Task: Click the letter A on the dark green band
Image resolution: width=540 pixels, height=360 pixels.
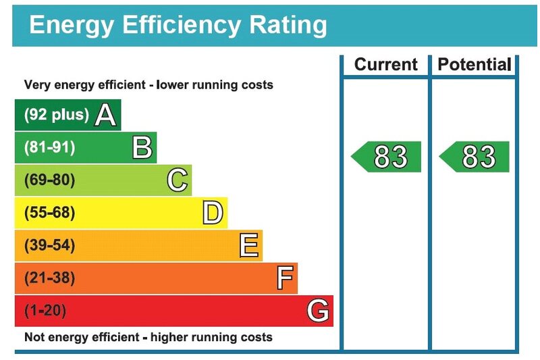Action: (x=105, y=115)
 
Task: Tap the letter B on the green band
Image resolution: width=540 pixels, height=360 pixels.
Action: (x=142, y=147)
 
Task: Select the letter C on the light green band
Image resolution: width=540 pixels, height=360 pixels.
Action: (x=177, y=180)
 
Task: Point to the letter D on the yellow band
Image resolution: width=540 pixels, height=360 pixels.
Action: (x=212, y=213)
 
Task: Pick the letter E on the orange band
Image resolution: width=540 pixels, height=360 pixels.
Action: (x=248, y=246)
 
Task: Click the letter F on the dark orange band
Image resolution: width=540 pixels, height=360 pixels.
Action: (x=286, y=278)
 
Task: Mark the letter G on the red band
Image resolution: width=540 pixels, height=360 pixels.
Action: (x=318, y=311)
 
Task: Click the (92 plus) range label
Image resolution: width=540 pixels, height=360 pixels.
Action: (x=56, y=115)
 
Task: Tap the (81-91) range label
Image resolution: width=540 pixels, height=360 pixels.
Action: (x=49, y=147)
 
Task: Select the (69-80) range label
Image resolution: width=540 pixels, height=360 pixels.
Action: (x=49, y=180)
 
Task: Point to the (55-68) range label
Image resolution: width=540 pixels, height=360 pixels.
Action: (x=49, y=213)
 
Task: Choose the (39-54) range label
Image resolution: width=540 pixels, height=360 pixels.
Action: (x=49, y=246)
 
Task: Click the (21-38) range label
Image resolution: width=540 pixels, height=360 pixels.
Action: (x=49, y=278)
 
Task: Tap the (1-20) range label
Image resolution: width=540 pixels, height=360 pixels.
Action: (x=46, y=311)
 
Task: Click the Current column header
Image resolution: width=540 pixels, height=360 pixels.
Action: (x=386, y=65)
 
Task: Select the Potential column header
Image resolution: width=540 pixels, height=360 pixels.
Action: (x=475, y=65)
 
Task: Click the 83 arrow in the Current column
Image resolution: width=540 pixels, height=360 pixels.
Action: (x=387, y=157)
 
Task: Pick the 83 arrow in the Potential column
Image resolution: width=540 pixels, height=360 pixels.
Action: (x=475, y=157)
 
